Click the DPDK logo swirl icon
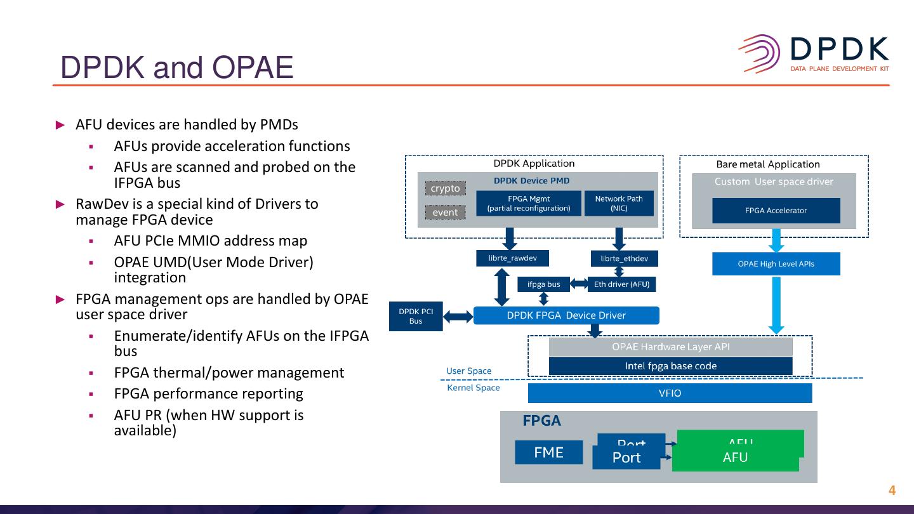(760, 54)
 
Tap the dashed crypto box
(445, 188)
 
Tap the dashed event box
(445, 213)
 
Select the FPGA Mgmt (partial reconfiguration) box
(529, 203)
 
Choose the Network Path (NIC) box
(618, 203)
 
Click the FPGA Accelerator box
(776, 211)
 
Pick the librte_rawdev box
(512, 258)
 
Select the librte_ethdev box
(624, 258)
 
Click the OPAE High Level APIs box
(776, 264)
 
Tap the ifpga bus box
(543, 284)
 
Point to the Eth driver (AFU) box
(621, 284)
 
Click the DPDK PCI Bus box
(416, 316)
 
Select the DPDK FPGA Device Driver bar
(566, 315)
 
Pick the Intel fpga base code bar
(670, 366)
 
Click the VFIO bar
(670, 393)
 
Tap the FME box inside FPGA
(548, 452)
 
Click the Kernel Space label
(474, 388)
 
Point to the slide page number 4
(892, 491)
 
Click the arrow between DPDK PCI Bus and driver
(458, 316)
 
